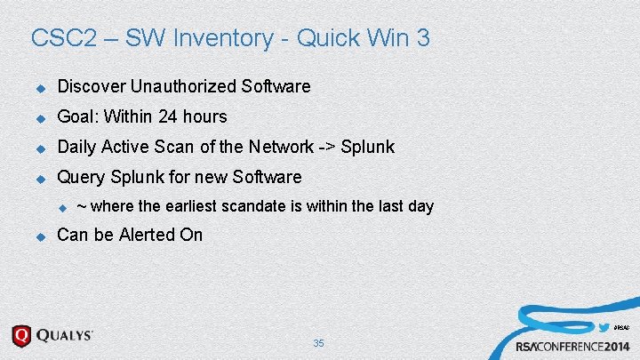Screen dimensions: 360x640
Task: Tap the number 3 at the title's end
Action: click(x=423, y=38)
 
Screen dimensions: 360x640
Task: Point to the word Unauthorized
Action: click(x=184, y=86)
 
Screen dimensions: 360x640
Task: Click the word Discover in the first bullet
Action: click(x=91, y=86)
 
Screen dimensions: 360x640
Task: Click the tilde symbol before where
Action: click(x=81, y=206)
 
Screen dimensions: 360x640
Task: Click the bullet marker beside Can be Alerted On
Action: click(x=39, y=236)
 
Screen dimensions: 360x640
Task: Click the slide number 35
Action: click(x=319, y=343)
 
